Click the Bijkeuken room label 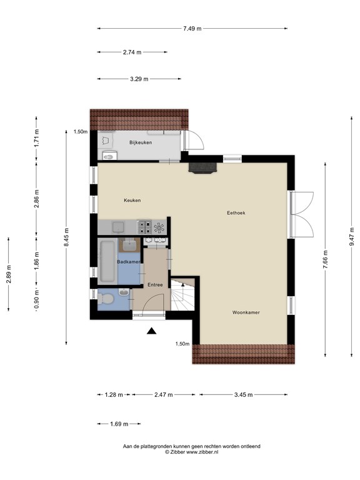point(141,142)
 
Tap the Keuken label point(132,200)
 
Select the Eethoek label point(236,212)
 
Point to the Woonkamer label point(246,312)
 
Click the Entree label point(155,285)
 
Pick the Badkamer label point(129,262)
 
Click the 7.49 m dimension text point(192,29)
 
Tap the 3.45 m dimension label point(243,394)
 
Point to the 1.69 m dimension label point(119,424)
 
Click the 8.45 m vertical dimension point(66,237)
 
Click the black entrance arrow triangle point(151,331)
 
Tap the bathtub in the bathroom point(107,261)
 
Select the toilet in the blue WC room point(105,298)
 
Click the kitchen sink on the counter point(119,227)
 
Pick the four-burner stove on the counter point(144,227)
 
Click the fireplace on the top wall point(203,168)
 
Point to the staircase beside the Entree point(182,294)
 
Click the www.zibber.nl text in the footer point(202,452)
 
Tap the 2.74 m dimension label point(132,52)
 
